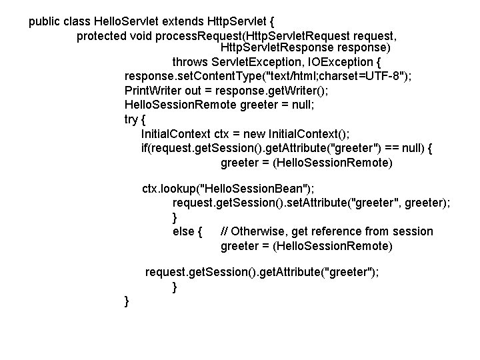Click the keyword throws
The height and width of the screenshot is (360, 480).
tap(189, 63)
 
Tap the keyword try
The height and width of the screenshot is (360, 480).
tap(133, 119)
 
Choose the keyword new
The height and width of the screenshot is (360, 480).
tap(262, 133)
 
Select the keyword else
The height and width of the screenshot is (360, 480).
tap(184, 231)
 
